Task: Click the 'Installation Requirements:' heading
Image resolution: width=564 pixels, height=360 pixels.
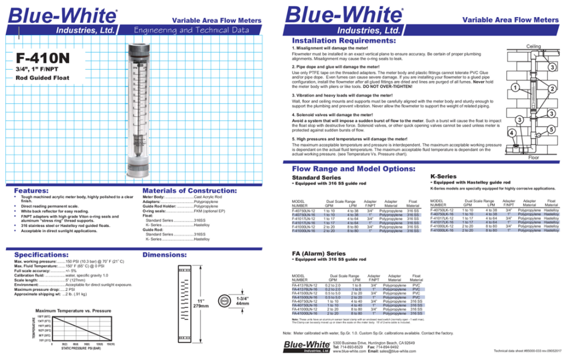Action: pos(342,41)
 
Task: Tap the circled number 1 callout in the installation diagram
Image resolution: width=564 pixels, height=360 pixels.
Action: pos(514,88)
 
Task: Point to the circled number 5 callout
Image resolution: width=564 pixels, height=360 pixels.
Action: pos(551,128)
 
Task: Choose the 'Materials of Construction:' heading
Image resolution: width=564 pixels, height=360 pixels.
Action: pos(189,191)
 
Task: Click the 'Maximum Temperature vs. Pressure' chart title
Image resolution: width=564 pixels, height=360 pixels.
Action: pos(73,310)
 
